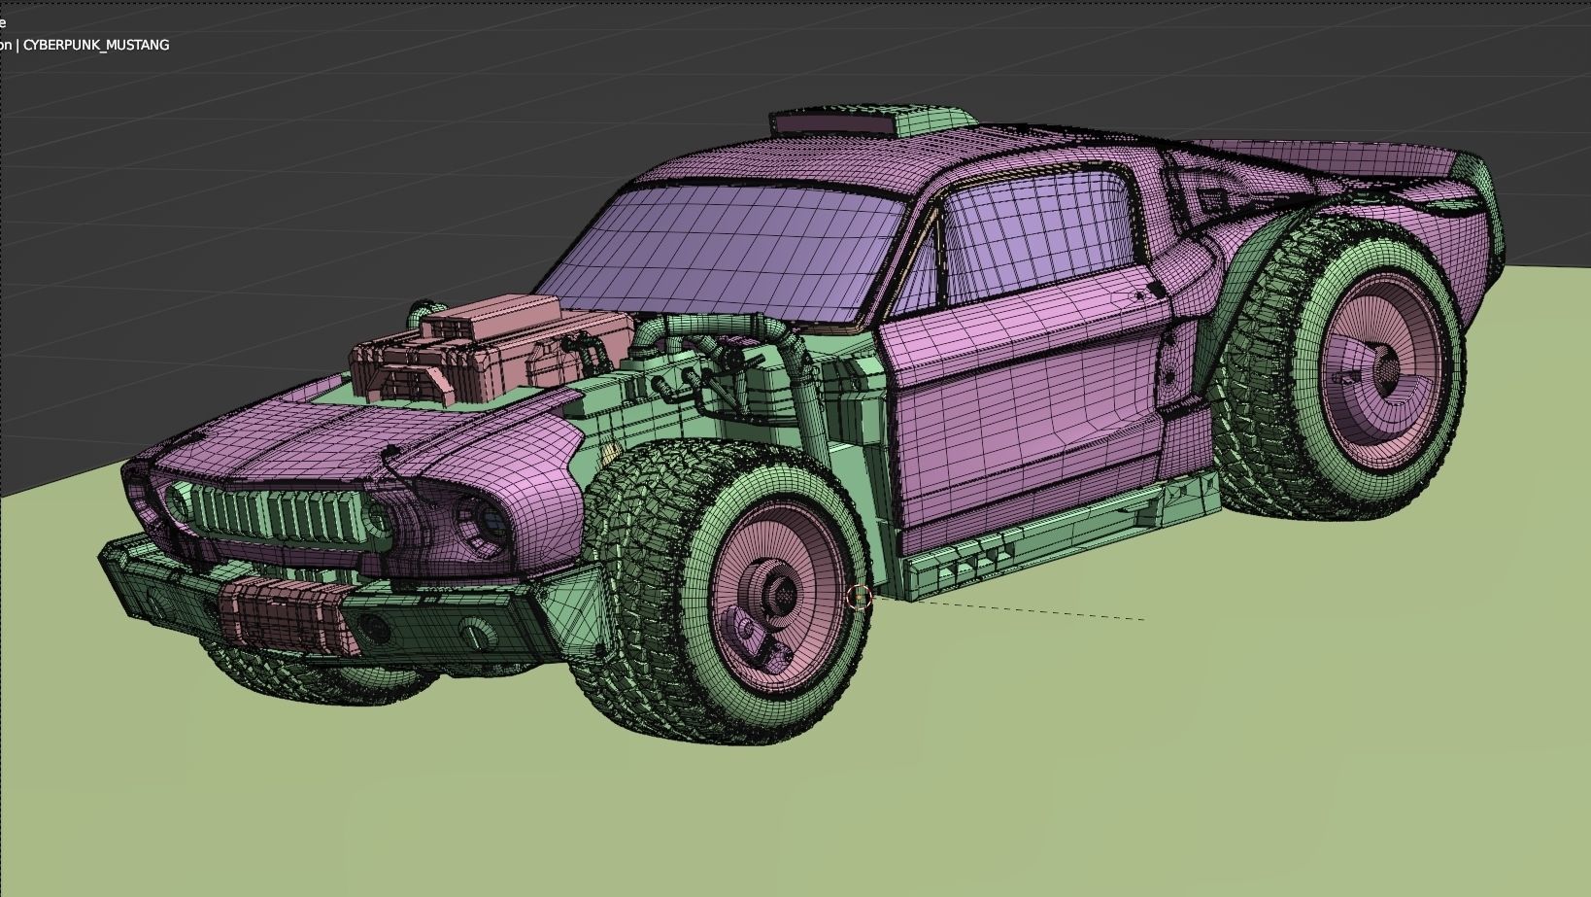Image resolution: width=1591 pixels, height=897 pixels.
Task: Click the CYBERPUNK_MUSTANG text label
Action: [x=95, y=45]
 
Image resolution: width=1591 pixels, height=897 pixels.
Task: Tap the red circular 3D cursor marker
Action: [x=859, y=598]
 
